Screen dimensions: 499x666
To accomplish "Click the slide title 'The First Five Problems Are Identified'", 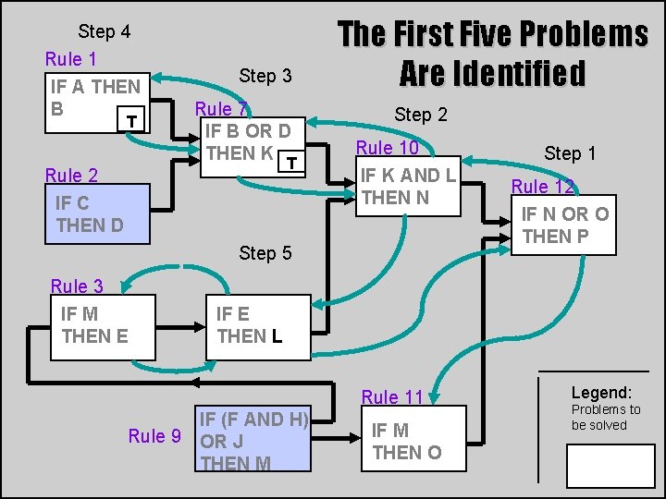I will pyautogui.click(x=492, y=54).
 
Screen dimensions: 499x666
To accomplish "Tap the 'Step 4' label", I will pyautogui.click(x=104, y=31).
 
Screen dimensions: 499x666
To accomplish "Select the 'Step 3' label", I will pyautogui.click(x=265, y=75).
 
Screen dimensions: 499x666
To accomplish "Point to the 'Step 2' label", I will pyautogui.click(x=421, y=115).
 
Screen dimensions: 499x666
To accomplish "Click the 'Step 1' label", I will pyautogui.click(x=570, y=153).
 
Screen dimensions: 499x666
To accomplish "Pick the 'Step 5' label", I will pyautogui.click(x=265, y=252).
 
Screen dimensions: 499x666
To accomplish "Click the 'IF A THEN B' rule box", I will pyautogui.click(x=98, y=101).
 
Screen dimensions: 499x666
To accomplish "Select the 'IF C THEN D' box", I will pyautogui.click(x=98, y=213).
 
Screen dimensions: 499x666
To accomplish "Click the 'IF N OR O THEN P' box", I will pyautogui.click(x=564, y=225).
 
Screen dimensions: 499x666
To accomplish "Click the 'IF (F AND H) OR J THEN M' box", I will pyautogui.click(x=253, y=440).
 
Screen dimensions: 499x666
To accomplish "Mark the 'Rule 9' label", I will pyautogui.click(x=154, y=436).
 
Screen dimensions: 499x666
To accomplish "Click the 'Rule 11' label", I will pyautogui.click(x=392, y=397).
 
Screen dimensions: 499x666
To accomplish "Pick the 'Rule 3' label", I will pyautogui.click(x=77, y=286).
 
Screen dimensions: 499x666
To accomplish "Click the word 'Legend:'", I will pyautogui.click(x=601, y=392).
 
